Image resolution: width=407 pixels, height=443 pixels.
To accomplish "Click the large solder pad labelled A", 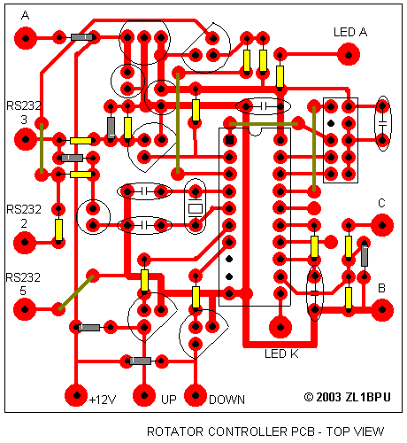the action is (x=26, y=38).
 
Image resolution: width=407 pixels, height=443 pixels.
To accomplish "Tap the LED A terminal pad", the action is (x=349, y=55).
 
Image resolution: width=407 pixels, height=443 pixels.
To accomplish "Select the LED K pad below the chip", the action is (x=280, y=327).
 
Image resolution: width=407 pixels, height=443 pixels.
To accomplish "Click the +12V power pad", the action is (x=76, y=395).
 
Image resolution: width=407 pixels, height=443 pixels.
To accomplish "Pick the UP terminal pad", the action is (x=144, y=395).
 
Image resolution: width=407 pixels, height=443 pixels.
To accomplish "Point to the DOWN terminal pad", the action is (x=196, y=395).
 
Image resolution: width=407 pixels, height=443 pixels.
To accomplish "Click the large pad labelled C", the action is (x=382, y=225).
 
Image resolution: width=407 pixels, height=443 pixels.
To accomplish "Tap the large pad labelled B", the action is (x=382, y=310).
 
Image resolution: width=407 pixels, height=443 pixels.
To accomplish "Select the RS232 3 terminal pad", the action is (x=26, y=139).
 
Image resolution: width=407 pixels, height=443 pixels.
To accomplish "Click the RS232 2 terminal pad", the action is (x=25, y=243).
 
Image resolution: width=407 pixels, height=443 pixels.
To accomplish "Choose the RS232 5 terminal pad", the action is (x=25, y=309).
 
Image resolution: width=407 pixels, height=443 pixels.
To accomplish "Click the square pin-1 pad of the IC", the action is (x=229, y=140).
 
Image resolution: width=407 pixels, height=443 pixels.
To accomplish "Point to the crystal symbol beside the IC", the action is (x=195, y=208).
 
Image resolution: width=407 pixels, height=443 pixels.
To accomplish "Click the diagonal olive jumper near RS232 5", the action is (x=76, y=292).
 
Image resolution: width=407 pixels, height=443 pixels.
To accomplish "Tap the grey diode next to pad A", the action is (x=81, y=37).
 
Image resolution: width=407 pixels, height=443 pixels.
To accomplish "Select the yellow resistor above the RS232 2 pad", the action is (x=58, y=229).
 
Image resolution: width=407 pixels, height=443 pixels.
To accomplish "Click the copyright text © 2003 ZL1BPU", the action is (x=347, y=397).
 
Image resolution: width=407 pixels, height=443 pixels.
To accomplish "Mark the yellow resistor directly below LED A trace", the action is (x=280, y=76).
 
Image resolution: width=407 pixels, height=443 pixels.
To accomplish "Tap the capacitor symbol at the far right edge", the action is (x=382, y=123).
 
